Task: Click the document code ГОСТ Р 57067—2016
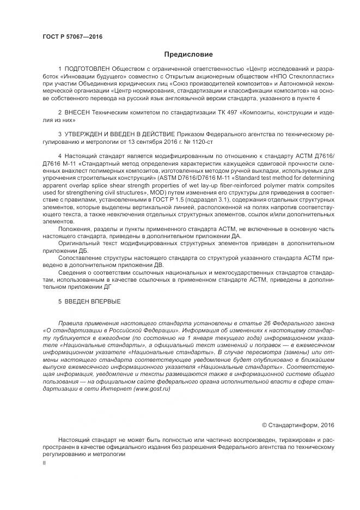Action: click(x=72, y=37)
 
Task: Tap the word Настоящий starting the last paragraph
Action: click(x=76, y=440)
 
